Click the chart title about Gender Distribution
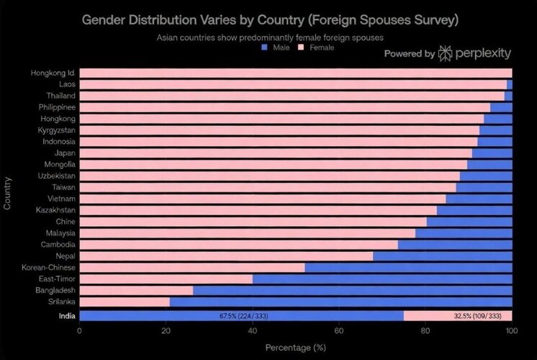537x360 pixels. (x=269, y=19)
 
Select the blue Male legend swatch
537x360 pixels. (x=265, y=47)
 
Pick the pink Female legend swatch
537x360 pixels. (x=302, y=47)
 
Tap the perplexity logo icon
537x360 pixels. (x=446, y=53)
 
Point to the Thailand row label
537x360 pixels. (x=62, y=96)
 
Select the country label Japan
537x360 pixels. (x=64, y=153)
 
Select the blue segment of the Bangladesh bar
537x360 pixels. (x=352, y=290)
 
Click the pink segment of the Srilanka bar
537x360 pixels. (x=125, y=302)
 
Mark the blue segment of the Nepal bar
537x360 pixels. (x=442, y=256)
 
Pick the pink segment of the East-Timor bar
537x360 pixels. (x=166, y=279)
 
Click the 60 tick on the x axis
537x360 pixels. (x=338, y=331)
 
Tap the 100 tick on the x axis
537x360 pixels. (x=510, y=331)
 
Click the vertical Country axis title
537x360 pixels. (x=7, y=192)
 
